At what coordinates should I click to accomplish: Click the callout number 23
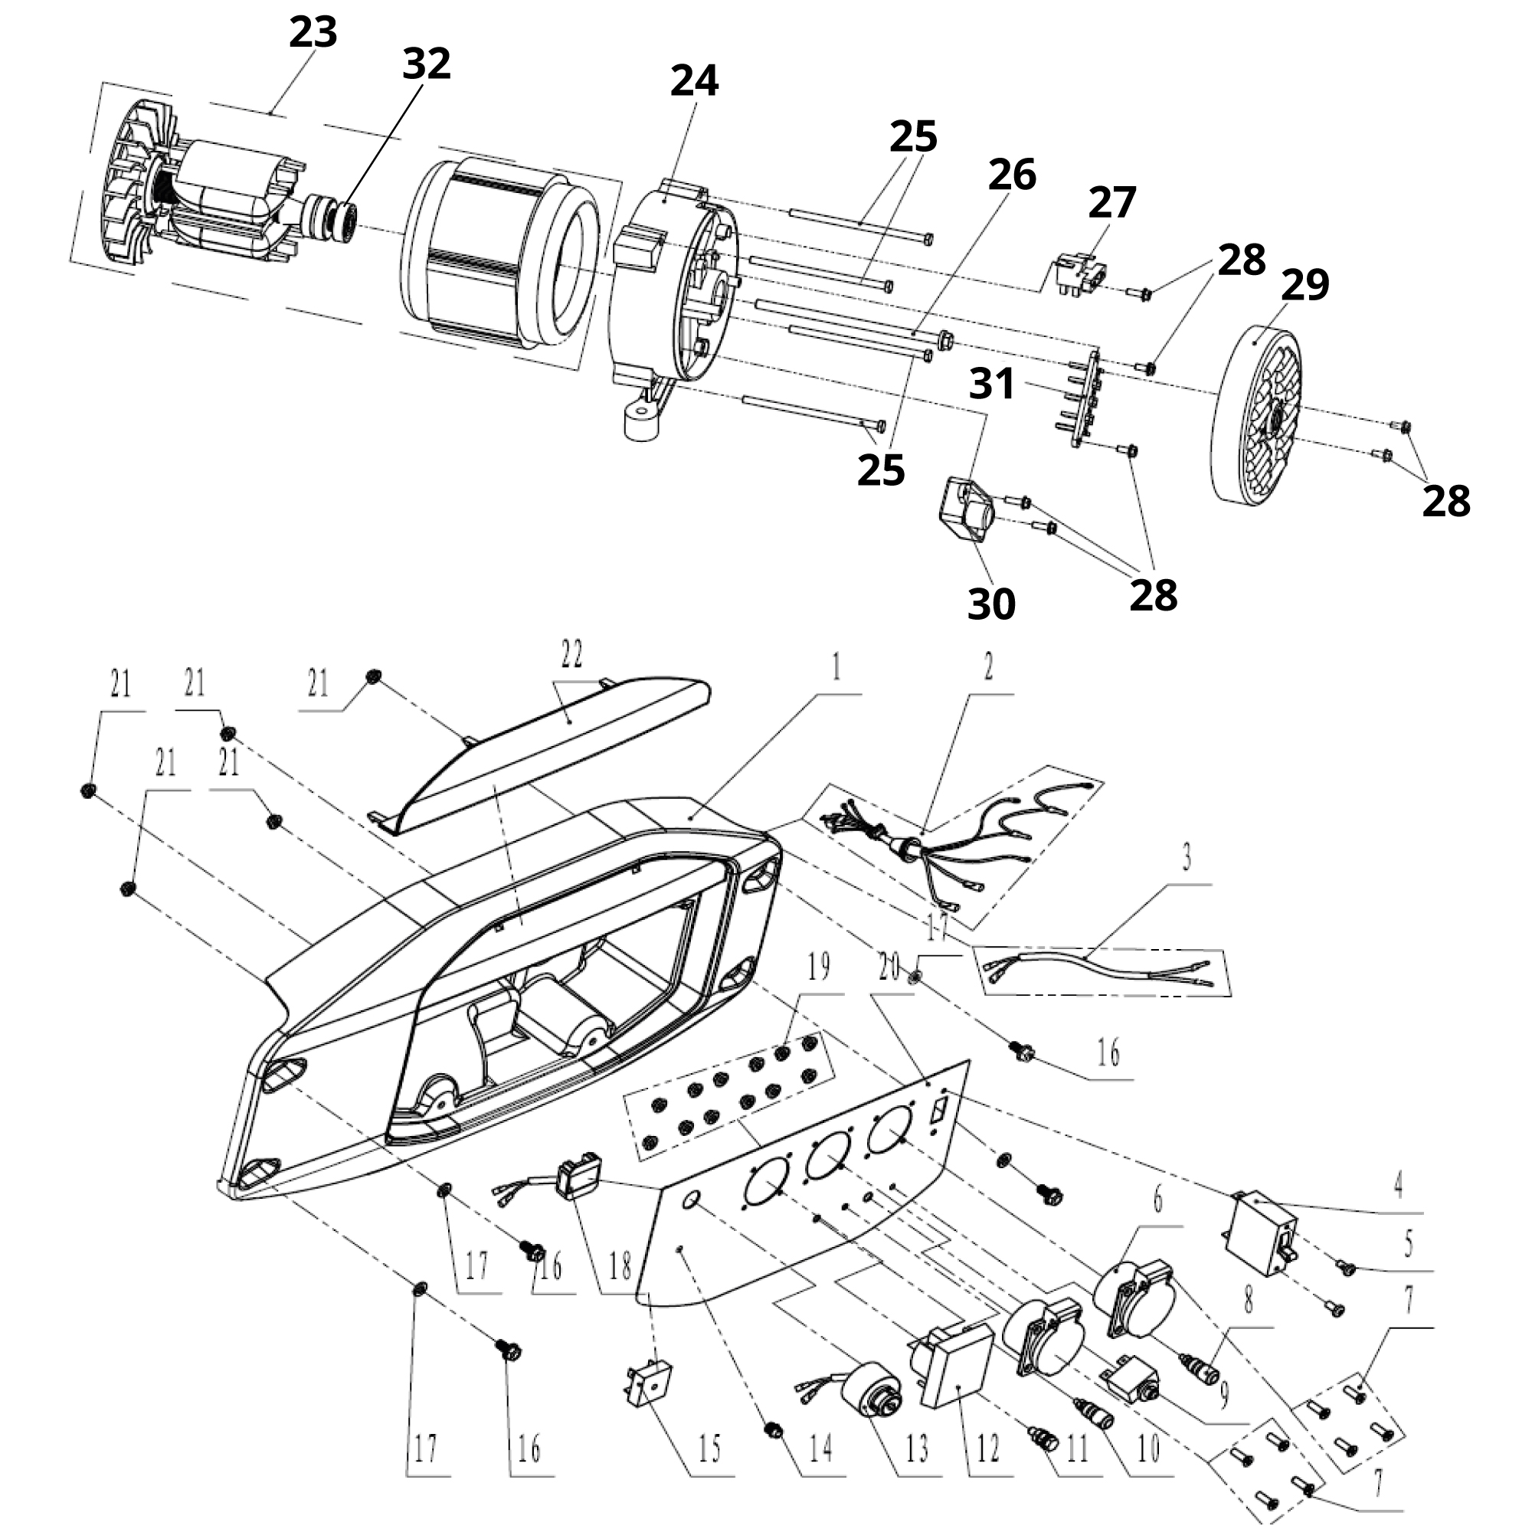coord(313,32)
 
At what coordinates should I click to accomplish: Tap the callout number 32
coord(427,64)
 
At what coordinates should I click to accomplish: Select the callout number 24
coord(695,81)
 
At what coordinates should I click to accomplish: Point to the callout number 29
coord(1305,286)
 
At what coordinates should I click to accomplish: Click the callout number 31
coord(992,384)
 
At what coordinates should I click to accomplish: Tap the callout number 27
coord(1111,203)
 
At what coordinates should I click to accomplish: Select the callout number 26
coord(1012,175)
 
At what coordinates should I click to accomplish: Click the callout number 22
coord(571,654)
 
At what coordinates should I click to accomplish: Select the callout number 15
coord(710,1448)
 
